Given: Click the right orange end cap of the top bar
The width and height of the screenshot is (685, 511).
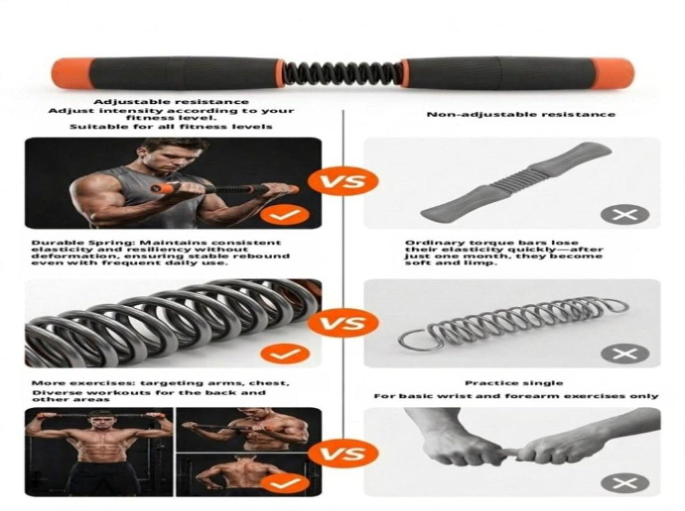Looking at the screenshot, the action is tap(613, 74).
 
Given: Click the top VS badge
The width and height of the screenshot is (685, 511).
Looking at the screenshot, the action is tap(342, 181).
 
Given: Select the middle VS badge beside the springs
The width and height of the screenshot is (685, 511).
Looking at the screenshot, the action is tap(342, 323).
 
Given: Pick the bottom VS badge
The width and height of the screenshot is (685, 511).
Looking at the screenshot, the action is tap(342, 453).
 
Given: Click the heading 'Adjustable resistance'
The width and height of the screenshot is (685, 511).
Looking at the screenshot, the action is tap(171, 102).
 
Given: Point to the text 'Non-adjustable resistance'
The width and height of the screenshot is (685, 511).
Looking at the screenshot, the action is tap(520, 115).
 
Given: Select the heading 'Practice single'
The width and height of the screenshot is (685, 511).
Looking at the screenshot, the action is tap(514, 383).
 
